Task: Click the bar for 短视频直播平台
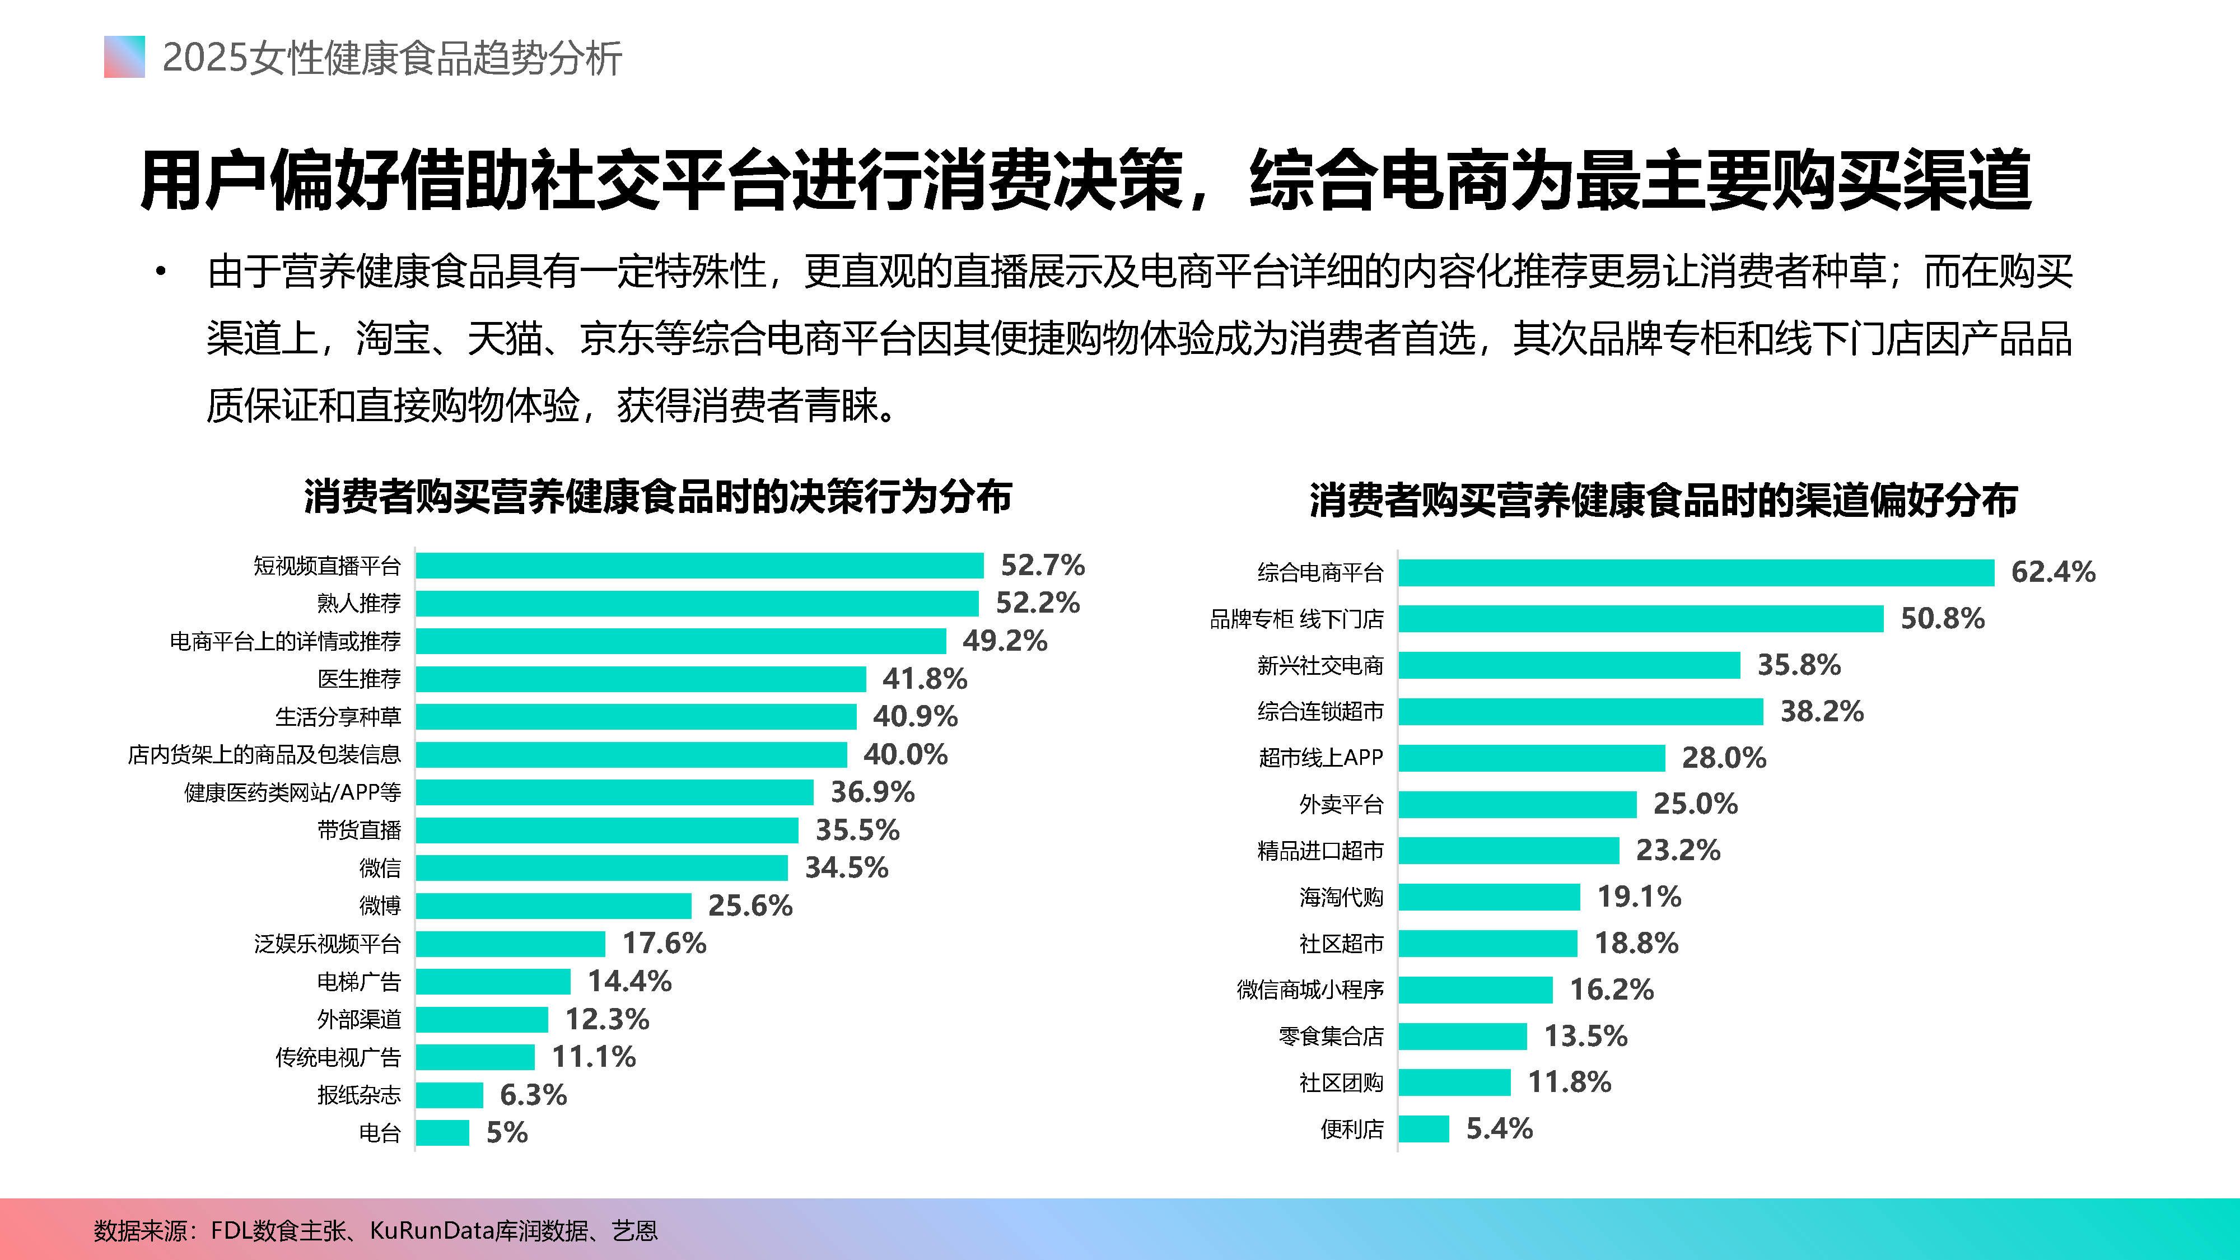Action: pyautogui.click(x=699, y=565)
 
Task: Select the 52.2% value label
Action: pyautogui.click(x=1037, y=603)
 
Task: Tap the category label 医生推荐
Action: pyautogui.click(x=358, y=679)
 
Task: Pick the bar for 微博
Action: pyautogui.click(x=553, y=905)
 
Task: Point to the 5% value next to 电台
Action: pyautogui.click(x=507, y=1132)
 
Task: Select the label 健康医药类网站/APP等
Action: pyautogui.click(x=292, y=792)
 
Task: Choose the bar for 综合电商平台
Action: pyautogui.click(x=1696, y=572)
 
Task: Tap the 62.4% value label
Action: pyautogui.click(x=2053, y=572)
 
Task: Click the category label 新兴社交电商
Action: pyautogui.click(x=1319, y=665)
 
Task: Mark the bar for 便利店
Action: pyautogui.click(x=1424, y=1129)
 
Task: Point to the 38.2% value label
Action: pyautogui.click(x=1822, y=711)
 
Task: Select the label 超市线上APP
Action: pyautogui.click(x=1320, y=757)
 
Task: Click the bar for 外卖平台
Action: pyautogui.click(x=1518, y=804)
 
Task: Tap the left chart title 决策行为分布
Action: pyautogui.click(x=657, y=497)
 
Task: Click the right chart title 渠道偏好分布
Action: pyautogui.click(x=1663, y=501)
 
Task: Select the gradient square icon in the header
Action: pyautogui.click(x=124, y=57)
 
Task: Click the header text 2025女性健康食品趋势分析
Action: pyautogui.click(x=392, y=58)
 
